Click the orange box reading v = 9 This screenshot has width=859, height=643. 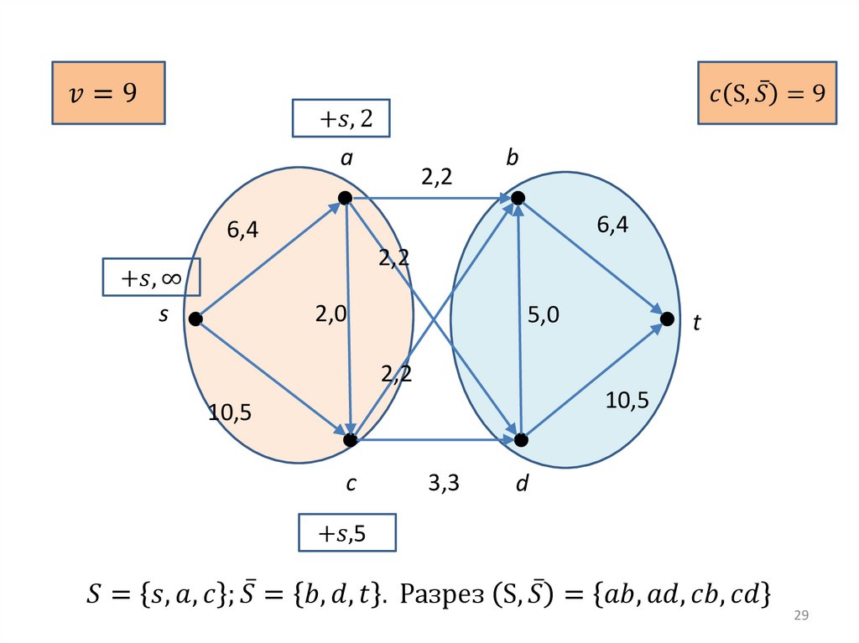point(107,93)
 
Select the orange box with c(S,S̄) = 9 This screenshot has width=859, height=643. point(768,93)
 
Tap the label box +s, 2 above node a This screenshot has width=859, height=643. point(341,119)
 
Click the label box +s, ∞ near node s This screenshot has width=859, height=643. point(151,277)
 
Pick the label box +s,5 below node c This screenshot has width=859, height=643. point(346,533)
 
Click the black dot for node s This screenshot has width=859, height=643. point(195,319)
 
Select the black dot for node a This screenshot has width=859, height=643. point(344,198)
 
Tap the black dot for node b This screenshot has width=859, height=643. point(518,198)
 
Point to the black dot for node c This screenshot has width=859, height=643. point(351,439)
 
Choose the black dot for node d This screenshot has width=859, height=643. point(521,439)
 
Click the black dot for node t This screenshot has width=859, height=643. point(667,319)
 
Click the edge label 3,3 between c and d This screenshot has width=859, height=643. point(443,483)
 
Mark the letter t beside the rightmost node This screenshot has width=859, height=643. point(696,323)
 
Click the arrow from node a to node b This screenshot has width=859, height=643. point(430,199)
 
